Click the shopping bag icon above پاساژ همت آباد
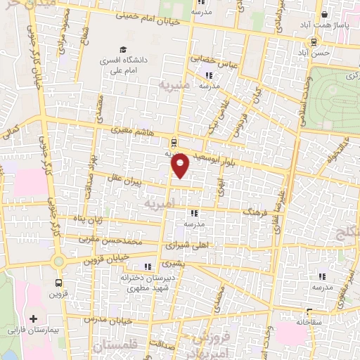(323, 13)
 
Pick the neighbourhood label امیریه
(157, 204)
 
